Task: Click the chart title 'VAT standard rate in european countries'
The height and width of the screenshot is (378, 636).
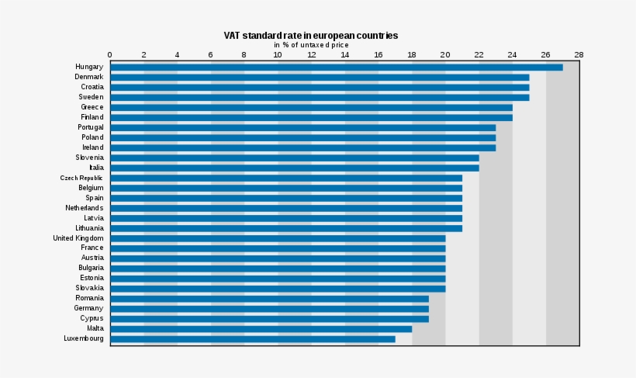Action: (x=310, y=36)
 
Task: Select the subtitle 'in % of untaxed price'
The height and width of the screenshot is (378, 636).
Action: (x=310, y=45)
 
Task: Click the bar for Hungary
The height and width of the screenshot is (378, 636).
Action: (x=336, y=68)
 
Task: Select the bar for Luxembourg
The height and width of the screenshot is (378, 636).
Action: (x=252, y=338)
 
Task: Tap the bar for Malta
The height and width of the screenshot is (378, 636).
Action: (x=261, y=328)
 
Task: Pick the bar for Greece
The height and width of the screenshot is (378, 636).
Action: (x=311, y=107)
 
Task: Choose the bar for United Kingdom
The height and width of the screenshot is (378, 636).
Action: (x=278, y=238)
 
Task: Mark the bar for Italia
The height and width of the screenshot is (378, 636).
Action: (x=294, y=168)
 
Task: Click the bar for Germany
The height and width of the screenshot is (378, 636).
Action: (x=269, y=308)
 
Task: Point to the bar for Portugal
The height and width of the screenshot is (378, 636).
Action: (x=302, y=127)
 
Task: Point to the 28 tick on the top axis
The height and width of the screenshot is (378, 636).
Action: (x=579, y=55)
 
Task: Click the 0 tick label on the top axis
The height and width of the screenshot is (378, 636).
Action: (x=110, y=55)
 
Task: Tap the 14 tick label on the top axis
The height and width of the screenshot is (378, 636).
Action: (x=345, y=55)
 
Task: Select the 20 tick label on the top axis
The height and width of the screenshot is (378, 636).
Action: (x=445, y=55)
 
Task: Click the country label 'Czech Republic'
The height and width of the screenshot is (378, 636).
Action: (x=81, y=178)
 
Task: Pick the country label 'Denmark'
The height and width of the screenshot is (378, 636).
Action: (x=89, y=77)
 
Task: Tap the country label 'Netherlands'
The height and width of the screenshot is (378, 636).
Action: (x=84, y=208)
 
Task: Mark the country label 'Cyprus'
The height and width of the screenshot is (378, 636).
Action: (x=92, y=318)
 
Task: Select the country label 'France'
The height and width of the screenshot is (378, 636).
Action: (x=92, y=248)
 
